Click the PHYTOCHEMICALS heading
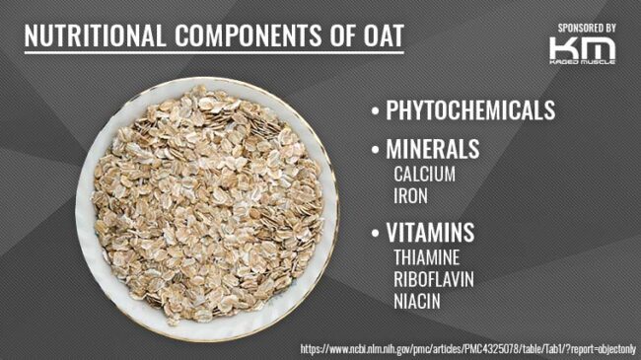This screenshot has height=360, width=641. [x=470, y=110]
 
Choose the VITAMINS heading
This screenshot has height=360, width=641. [x=430, y=234]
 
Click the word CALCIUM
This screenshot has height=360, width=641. [x=424, y=174]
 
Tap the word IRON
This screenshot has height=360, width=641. [x=410, y=194]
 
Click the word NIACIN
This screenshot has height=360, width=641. [x=416, y=300]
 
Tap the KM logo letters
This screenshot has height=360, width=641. [x=582, y=47]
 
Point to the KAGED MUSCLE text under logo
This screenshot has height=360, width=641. [x=582, y=62]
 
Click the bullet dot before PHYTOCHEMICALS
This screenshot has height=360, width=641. [x=375, y=111]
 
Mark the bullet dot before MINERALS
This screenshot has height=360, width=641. [x=375, y=151]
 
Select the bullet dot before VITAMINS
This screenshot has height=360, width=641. [x=375, y=235]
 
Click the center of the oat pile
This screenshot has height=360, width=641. [x=207, y=202]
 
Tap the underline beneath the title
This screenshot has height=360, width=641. [x=213, y=53]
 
